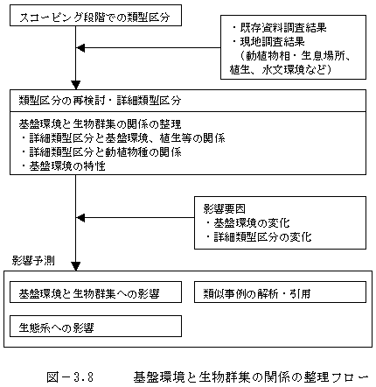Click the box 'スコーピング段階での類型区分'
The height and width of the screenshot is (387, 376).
click(x=95, y=15)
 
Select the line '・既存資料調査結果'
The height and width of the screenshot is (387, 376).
click(x=279, y=28)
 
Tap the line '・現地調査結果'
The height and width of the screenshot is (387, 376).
click(x=268, y=42)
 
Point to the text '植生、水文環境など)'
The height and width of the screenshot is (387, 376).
click(x=281, y=70)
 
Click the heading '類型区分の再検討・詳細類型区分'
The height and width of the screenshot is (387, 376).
click(x=100, y=101)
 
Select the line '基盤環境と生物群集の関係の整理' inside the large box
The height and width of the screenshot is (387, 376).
click(x=100, y=124)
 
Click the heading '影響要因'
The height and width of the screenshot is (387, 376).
click(x=225, y=209)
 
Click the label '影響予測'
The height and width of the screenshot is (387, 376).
click(x=33, y=260)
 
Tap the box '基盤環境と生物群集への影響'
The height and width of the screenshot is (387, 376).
click(x=95, y=292)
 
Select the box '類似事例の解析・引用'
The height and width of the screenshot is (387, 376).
click(x=280, y=292)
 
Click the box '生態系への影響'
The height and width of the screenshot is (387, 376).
click(x=95, y=326)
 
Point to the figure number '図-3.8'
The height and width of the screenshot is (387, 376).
click(x=70, y=377)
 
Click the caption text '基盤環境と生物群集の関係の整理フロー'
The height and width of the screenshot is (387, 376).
click(x=251, y=377)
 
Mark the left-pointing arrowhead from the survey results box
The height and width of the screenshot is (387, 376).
click(x=80, y=47)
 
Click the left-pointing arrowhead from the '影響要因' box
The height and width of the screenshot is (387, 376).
click(x=80, y=217)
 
